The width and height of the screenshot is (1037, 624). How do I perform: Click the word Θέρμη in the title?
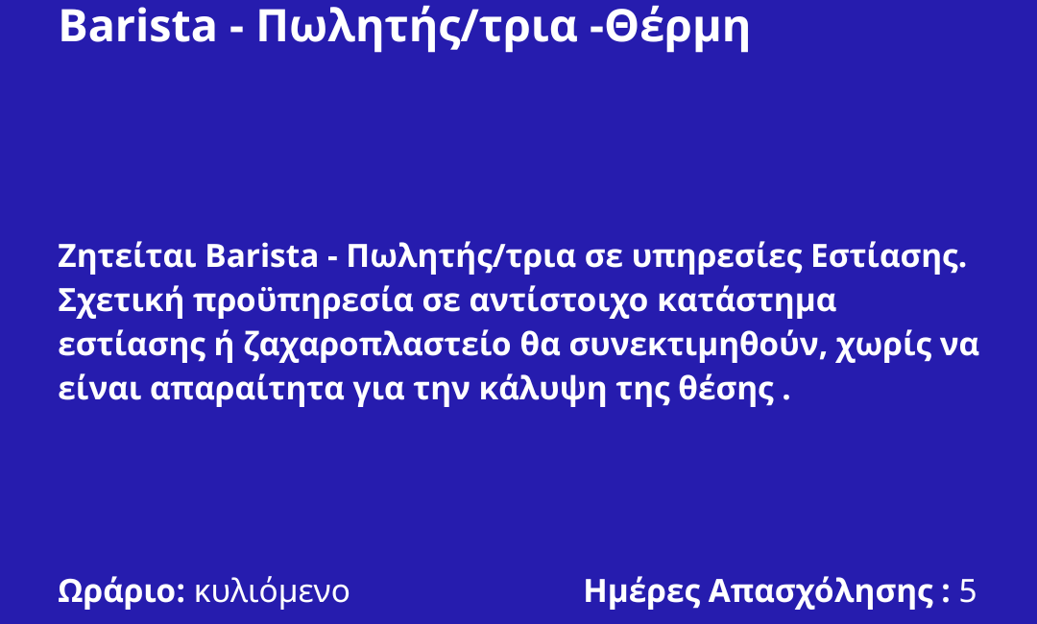[677, 28]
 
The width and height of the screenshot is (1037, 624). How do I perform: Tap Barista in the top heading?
[137, 27]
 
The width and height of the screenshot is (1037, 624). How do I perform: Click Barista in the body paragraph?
[261, 256]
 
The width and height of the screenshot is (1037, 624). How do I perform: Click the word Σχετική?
[120, 300]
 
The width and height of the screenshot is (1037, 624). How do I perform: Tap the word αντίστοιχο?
[559, 301]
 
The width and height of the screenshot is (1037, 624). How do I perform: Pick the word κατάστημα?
[747, 301]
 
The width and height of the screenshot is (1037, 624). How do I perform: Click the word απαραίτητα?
[247, 390]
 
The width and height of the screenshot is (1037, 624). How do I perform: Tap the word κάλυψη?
[543, 390]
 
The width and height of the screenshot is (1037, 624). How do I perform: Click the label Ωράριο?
[122, 591]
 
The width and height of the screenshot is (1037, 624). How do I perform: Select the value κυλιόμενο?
[272, 591]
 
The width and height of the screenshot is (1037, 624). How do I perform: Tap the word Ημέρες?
[641, 591]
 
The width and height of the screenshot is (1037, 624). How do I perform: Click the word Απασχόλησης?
[821, 591]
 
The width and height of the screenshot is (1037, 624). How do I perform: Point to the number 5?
[968, 591]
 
